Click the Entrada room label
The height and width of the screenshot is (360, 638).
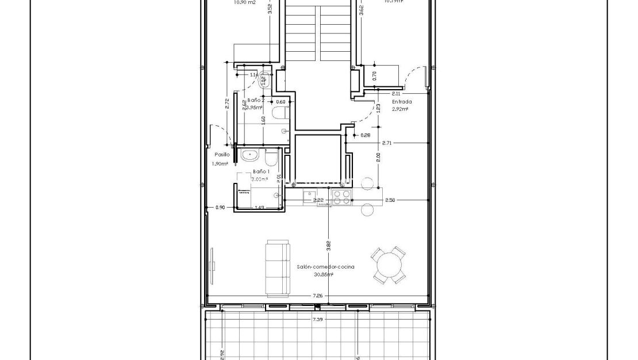402,101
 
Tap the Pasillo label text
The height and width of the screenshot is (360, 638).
222,155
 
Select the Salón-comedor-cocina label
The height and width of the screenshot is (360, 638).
325,267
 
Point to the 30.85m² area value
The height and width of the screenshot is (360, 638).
324,274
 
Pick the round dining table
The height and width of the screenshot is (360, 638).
389,266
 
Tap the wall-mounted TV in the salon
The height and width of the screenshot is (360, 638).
212,266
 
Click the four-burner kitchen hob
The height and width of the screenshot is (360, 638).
341,197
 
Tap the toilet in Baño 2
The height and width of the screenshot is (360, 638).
280,112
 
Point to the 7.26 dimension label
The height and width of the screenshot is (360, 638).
317,296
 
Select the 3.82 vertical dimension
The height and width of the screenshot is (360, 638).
328,246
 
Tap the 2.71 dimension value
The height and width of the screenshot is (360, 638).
387,143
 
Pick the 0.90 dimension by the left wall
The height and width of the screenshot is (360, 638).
220,207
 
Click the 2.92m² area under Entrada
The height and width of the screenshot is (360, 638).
400,109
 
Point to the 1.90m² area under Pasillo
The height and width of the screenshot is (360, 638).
220,163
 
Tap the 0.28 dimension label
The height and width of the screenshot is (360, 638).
366,135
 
